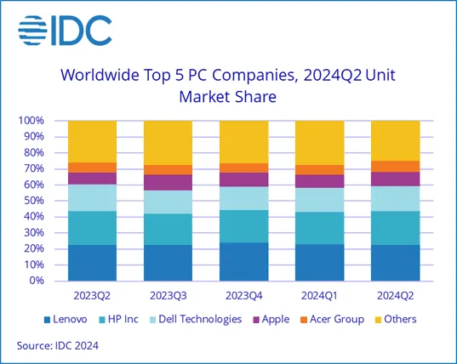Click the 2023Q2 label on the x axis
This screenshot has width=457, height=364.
pos(92,296)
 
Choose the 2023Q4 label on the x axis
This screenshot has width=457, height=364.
pos(243,296)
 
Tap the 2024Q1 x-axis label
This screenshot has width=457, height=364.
pos(319,296)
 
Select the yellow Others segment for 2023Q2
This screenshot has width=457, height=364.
pos(92,141)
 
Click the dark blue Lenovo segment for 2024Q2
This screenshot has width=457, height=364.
pos(395,263)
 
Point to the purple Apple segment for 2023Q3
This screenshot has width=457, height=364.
pos(168,182)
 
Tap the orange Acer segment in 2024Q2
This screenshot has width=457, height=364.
pos(395,166)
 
